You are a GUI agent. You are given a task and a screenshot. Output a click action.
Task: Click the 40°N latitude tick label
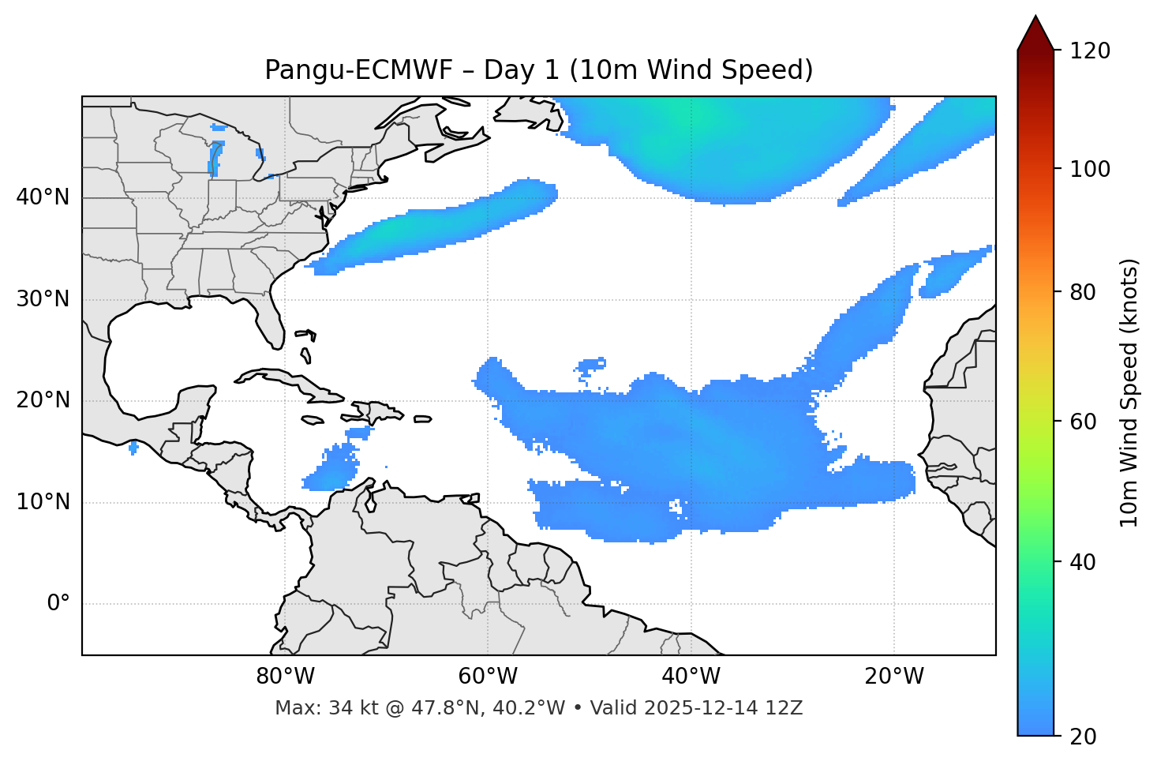pos(43,197)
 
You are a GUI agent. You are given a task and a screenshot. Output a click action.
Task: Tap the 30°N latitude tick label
pos(43,299)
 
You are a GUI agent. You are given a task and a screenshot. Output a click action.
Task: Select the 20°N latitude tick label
pos(43,400)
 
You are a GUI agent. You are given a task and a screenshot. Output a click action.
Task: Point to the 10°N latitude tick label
pos(43,502)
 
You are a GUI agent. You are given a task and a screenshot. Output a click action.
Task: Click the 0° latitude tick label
pos(58,604)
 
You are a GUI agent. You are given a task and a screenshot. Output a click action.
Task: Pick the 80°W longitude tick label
pos(285,677)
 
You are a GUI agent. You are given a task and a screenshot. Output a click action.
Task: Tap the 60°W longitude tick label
pos(488,677)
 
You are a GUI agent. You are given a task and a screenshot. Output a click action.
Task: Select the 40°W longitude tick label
pos(691,677)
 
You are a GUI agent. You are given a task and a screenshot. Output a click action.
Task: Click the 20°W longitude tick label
pos(894,677)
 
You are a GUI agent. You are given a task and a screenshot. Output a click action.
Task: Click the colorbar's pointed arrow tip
pos(1035,17)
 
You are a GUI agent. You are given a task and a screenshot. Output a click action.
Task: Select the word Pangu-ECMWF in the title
pos(358,70)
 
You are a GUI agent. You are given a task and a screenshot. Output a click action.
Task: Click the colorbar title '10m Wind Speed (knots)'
pos(1129,392)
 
